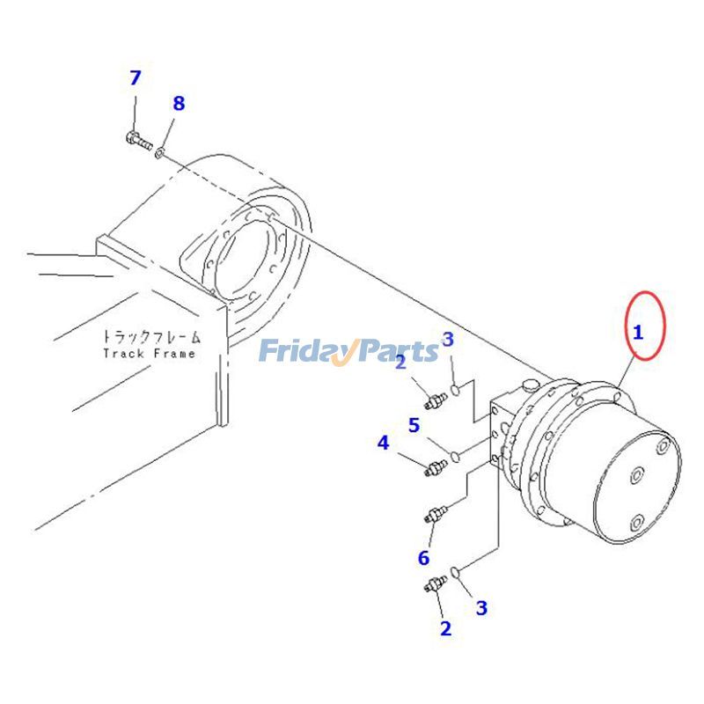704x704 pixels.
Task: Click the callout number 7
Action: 136,77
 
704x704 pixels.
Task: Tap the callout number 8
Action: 179,103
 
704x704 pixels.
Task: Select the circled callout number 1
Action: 637,333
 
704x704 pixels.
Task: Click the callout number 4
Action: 383,443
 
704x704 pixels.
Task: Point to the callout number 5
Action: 414,425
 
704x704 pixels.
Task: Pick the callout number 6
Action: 424,558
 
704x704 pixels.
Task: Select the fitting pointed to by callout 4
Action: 436,467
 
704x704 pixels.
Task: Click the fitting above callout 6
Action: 436,514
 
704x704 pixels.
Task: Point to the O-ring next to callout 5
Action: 455,456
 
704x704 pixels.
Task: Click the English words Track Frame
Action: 149,354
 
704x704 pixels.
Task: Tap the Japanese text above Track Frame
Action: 151,336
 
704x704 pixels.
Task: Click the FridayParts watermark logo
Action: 348,351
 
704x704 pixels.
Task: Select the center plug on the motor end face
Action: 636,475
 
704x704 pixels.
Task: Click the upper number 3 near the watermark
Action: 448,340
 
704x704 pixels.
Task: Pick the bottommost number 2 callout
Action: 445,628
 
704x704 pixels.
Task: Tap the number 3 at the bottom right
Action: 481,608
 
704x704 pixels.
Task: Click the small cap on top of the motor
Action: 531,385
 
